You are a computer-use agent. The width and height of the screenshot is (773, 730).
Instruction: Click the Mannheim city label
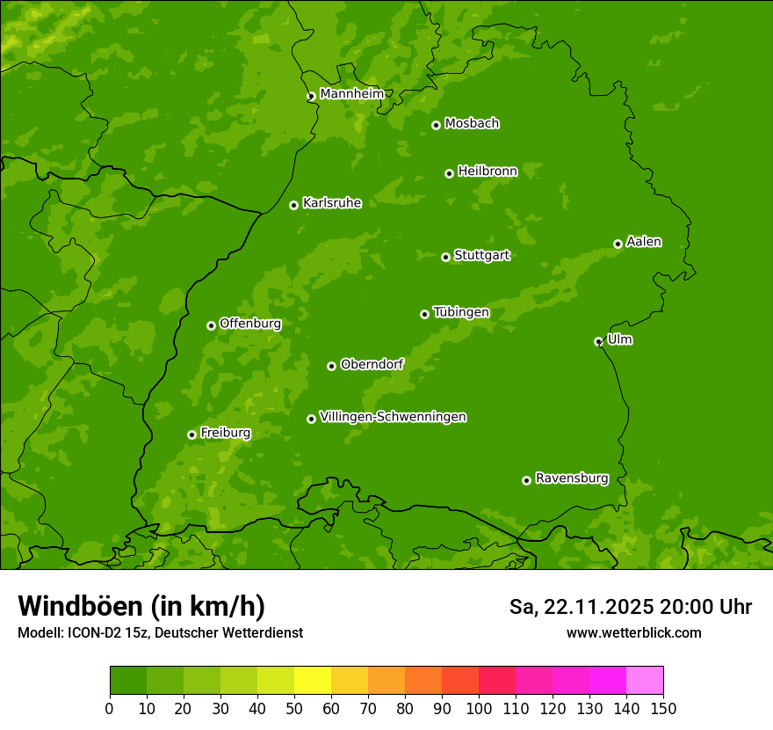(351, 93)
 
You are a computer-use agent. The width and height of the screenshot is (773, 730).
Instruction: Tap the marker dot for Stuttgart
(445, 257)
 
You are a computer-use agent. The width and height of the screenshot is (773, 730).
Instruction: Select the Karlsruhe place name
(332, 203)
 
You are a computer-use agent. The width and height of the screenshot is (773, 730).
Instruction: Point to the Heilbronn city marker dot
(449, 173)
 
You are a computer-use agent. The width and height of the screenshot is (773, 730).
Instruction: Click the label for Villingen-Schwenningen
(393, 417)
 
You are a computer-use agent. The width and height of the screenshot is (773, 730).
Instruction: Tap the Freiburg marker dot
(191, 434)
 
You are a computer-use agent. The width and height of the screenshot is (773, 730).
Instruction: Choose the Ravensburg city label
(572, 478)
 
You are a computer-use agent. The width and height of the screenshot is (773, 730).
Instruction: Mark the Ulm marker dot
(598, 341)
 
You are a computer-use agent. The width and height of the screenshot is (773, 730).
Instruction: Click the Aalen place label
(644, 242)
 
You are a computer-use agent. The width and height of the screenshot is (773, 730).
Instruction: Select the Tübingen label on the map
(461, 312)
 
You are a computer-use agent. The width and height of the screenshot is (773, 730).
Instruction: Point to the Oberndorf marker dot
(331, 366)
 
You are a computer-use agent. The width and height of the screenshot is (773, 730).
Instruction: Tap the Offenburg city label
(250, 324)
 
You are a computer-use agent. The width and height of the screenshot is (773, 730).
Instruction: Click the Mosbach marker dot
(436, 125)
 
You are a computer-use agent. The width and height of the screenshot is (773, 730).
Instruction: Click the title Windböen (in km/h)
(141, 606)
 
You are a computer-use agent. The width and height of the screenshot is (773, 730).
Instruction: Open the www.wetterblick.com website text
(633, 632)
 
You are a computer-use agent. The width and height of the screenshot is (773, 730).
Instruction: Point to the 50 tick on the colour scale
(294, 708)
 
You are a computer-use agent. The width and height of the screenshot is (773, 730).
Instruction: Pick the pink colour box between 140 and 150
(645, 681)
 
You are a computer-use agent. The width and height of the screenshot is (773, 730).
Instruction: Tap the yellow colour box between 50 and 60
(313, 681)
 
